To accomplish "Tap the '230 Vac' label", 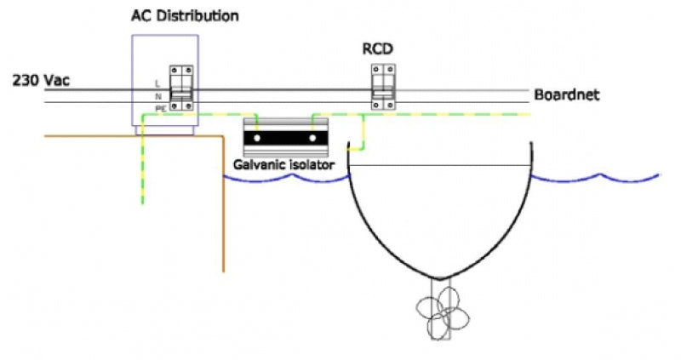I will (41, 82).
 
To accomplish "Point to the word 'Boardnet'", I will (567, 94).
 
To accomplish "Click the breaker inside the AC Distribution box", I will (180, 88).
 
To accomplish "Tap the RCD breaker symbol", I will (381, 89).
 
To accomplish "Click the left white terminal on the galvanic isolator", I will (253, 137).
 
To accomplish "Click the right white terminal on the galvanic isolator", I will (314, 137).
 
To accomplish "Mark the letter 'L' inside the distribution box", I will (158, 83).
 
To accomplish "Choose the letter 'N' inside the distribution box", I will (158, 96).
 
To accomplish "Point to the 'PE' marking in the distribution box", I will (159, 109).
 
